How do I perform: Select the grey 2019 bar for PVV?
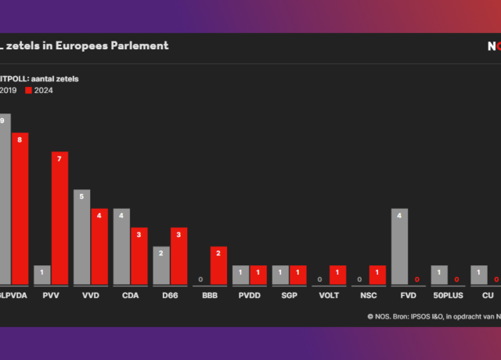click(42, 275)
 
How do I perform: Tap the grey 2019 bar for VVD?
click(82, 237)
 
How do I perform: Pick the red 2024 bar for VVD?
click(99, 247)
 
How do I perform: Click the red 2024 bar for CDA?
click(139, 256)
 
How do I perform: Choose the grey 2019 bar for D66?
click(161, 265)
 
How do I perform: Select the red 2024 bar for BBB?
click(218, 265)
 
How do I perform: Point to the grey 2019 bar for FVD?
click(399, 247)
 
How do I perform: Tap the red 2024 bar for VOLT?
click(338, 275)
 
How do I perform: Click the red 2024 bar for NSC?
click(378, 275)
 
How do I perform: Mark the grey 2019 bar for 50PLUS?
click(439, 275)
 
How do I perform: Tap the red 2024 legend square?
click(30, 91)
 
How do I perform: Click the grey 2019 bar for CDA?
click(122, 247)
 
